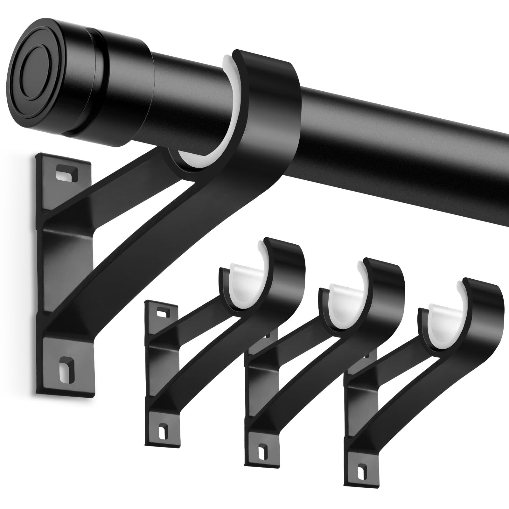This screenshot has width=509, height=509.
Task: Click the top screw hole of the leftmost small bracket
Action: point(162,313)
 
